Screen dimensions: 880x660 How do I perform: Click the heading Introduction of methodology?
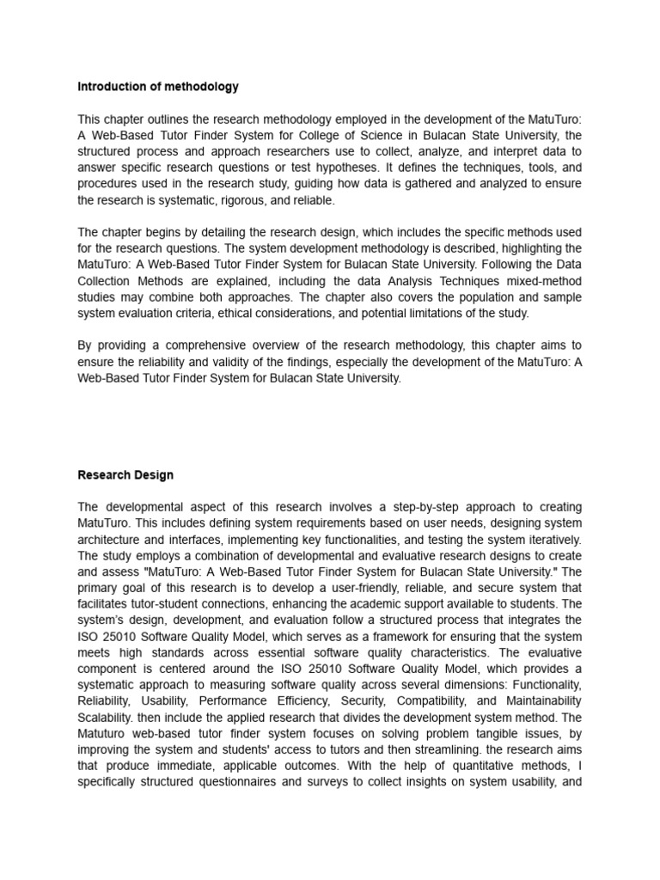(x=158, y=87)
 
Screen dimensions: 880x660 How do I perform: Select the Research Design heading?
(x=125, y=474)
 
